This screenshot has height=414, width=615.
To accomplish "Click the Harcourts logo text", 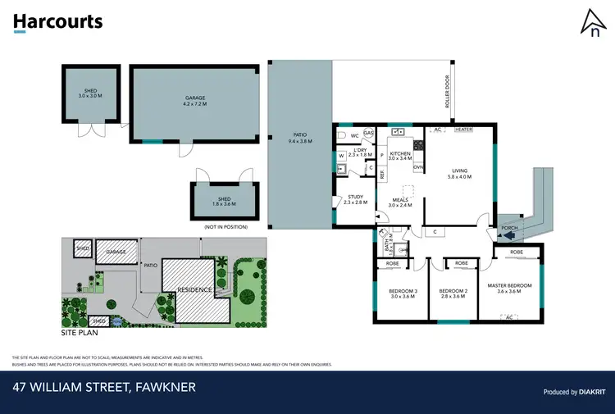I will pos(57,21).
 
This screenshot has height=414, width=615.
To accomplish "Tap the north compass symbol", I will pos(590,24).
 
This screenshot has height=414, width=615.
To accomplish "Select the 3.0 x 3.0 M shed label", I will pos(90,93).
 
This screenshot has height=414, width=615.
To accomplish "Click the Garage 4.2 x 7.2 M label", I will pos(195,101).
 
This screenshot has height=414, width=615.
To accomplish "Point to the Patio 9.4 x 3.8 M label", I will pos(299,139).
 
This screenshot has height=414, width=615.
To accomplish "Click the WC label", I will pos(354,135).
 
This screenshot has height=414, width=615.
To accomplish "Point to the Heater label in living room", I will pos(464,130).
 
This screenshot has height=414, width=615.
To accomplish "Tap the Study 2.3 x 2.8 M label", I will pos(355,199).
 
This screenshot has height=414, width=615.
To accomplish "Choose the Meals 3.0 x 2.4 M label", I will pos(400,201).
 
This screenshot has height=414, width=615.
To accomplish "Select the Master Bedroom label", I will pos(509,288).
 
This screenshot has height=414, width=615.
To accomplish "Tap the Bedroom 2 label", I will pos(452,293).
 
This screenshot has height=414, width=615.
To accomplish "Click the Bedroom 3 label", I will pos(403,293).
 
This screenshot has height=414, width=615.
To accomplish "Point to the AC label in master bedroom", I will pos(508,316).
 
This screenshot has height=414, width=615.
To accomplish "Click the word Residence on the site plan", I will pos(195,290).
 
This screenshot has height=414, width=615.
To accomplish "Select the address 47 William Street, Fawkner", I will pos(104,386).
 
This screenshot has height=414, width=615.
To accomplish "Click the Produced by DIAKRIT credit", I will pos(572,392).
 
